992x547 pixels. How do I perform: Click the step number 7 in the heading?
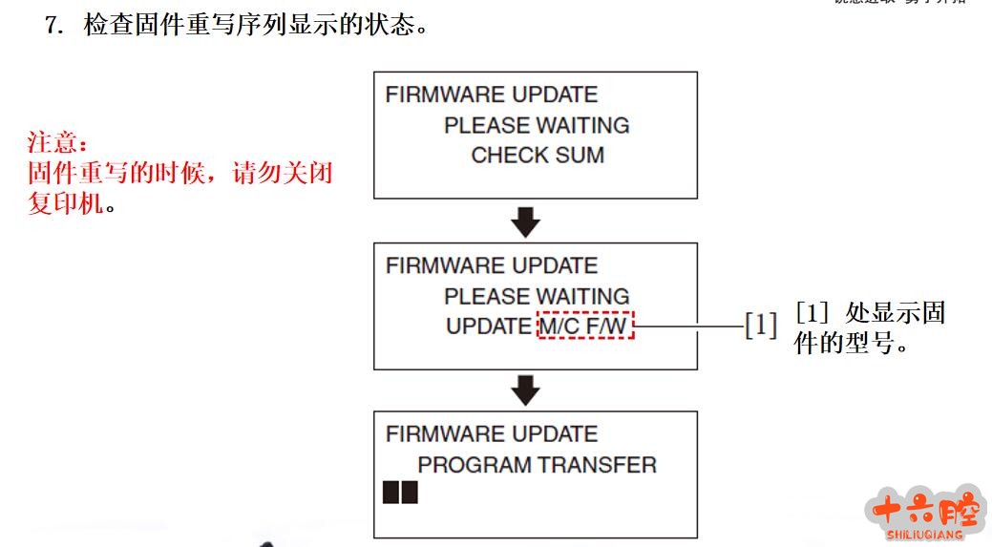[52, 25]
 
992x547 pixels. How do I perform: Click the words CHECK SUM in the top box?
[538, 156]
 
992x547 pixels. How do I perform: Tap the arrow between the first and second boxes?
[525, 222]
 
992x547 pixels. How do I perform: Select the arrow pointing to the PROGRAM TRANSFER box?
[525, 389]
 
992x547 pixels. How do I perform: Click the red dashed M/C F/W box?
[585, 326]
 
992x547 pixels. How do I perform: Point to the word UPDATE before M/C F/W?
[488, 326]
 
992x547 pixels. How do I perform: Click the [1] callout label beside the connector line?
[761, 326]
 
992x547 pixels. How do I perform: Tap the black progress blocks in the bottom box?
[400, 493]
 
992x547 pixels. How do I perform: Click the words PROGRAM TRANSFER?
[538, 465]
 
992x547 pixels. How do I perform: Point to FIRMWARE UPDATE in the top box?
[492, 95]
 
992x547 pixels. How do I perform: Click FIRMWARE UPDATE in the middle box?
[492, 265]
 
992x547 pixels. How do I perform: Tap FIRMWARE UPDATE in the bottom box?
[492, 434]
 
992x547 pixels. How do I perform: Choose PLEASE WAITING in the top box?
[537, 125]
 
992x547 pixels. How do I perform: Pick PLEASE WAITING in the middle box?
[537, 296]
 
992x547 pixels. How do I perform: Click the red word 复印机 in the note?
[65, 204]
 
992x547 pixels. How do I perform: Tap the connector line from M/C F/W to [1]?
[689, 326]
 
